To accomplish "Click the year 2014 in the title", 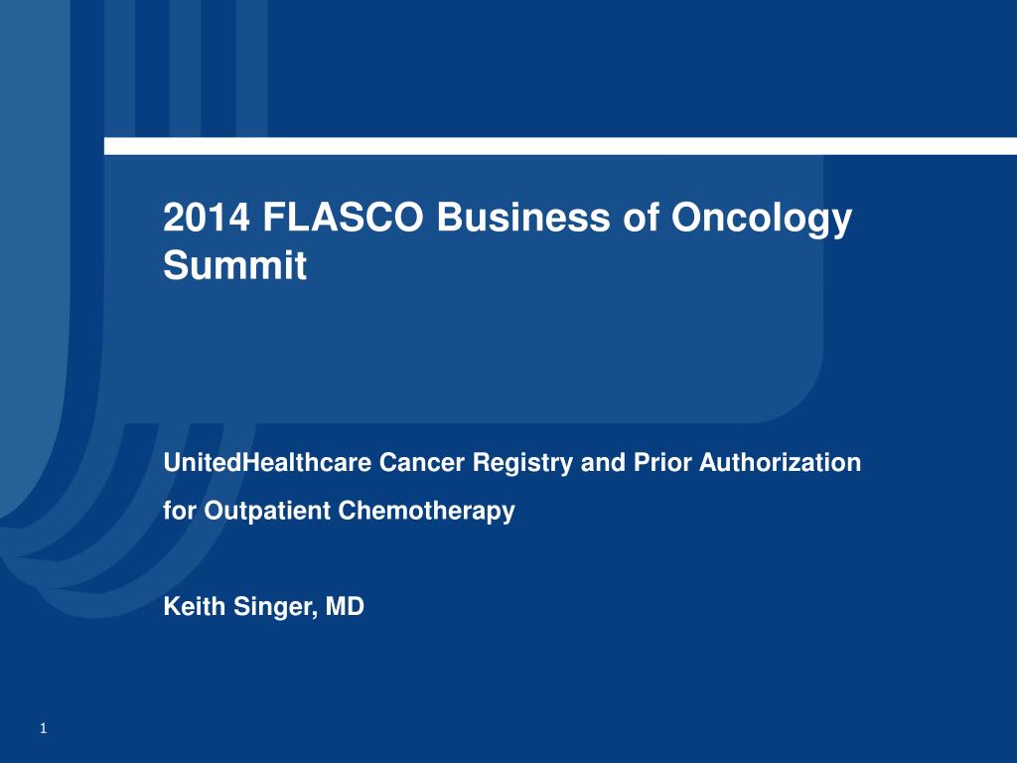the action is point(207,217).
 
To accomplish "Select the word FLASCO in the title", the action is point(343,217).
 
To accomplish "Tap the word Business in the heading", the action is point(522,217).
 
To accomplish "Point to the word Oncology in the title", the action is point(761,220).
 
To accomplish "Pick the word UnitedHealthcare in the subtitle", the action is point(267,463).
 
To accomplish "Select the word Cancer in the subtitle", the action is point(421,463).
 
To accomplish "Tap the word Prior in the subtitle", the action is point(661,463).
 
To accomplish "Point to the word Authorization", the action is point(780,463).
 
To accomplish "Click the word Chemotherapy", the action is point(427,512).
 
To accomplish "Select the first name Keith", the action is point(194,607).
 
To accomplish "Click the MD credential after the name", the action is point(345,607).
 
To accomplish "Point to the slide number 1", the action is point(44,728).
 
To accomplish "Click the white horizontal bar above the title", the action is point(560,146).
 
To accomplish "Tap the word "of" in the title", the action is point(640,217).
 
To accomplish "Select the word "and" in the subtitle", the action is point(603,463).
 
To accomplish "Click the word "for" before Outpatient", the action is point(180,511).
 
